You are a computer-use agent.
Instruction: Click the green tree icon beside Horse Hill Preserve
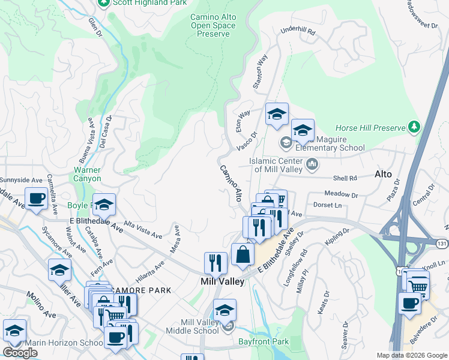[414, 127]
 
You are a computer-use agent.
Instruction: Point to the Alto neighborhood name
[383, 175]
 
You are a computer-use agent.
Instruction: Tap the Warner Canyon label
[87, 174]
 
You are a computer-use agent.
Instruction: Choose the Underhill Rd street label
[298, 32]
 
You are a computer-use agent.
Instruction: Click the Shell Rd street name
[345, 178]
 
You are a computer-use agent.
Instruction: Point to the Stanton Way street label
[260, 73]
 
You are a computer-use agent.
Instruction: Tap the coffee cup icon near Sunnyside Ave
[36, 198]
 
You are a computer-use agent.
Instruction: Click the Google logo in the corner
[20, 353]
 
